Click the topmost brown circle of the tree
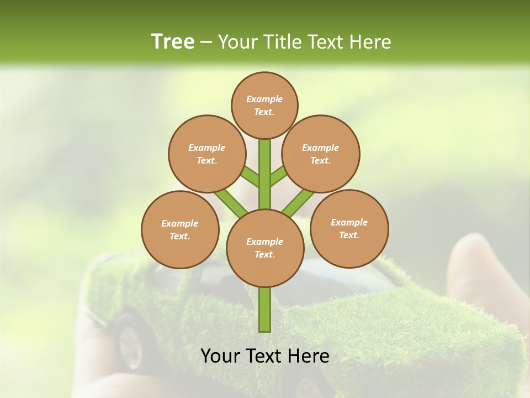[264, 105]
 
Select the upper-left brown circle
[206, 154]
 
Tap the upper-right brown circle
[321, 154]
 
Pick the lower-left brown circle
[180, 229]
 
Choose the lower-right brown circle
[349, 228]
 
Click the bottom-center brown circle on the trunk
[265, 248]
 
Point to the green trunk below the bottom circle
[265, 310]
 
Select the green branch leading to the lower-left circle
[231, 202]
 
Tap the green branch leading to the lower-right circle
[298, 202]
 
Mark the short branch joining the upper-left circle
[250, 177]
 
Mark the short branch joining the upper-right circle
[279, 176]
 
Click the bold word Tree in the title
[173, 41]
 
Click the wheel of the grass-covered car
[130, 345]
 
